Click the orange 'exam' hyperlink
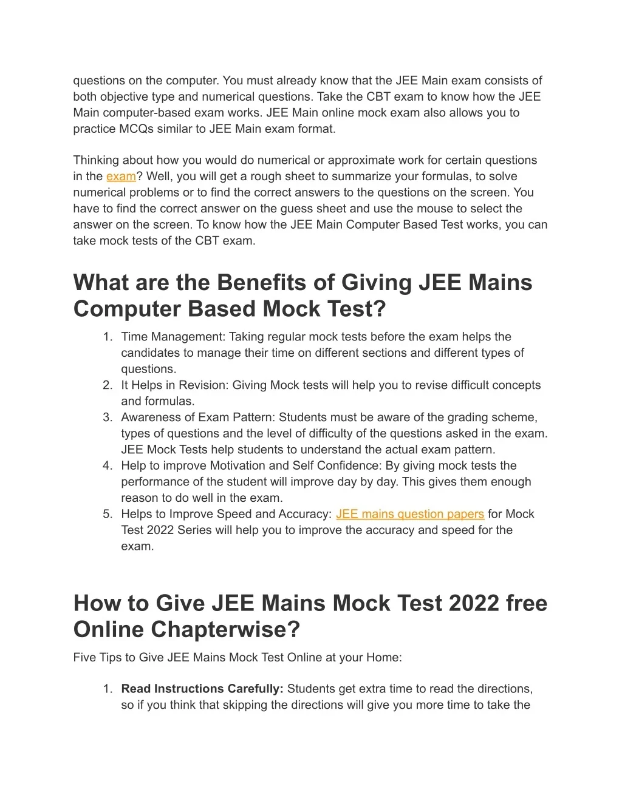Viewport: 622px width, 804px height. tap(121, 177)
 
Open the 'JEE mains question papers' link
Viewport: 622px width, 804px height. tap(409, 514)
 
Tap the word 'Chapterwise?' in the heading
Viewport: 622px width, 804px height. tap(225, 629)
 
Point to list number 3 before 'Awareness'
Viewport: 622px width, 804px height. tap(108, 417)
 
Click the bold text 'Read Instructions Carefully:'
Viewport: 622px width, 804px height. tap(202, 689)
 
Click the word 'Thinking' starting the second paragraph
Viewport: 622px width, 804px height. tap(96, 160)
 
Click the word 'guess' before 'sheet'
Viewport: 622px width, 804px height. tap(309, 209)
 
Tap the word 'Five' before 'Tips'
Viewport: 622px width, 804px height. tap(85, 657)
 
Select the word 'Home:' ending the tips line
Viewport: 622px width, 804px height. tap(384, 657)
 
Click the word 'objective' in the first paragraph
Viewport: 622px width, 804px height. tap(125, 96)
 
